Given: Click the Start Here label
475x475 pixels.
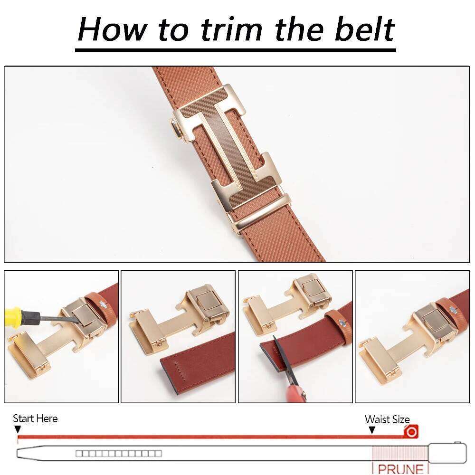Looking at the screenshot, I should pyautogui.click(x=35, y=418).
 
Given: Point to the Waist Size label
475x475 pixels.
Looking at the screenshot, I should pyautogui.click(x=387, y=419).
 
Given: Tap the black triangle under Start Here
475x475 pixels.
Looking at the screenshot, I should pyautogui.click(x=18, y=429).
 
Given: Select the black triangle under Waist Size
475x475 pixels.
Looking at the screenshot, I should pyautogui.click(x=372, y=430).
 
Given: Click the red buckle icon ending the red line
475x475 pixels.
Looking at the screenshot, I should pyautogui.click(x=411, y=432).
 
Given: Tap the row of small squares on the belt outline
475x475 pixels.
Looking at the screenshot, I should pyautogui.click(x=118, y=454).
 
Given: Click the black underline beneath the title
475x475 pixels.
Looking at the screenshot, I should pyautogui.click(x=236, y=49).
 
